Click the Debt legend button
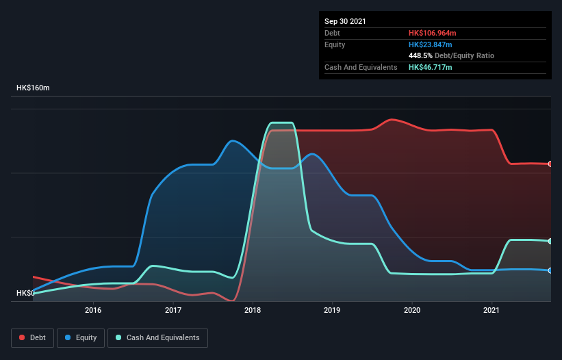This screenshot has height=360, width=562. click(x=32, y=337)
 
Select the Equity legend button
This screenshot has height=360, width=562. click(x=81, y=337)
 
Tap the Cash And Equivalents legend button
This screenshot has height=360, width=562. click(x=157, y=337)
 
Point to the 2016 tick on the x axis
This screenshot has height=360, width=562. click(x=93, y=311)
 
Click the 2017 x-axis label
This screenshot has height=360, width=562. click(x=173, y=311)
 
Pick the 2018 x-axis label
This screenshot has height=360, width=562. click(x=253, y=311)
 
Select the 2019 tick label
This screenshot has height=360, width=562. click(x=332, y=311)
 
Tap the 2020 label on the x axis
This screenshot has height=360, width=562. click(x=412, y=311)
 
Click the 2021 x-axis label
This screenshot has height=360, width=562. click(x=491, y=311)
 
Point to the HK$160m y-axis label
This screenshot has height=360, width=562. click(x=38, y=88)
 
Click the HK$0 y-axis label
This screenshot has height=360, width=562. click(x=25, y=293)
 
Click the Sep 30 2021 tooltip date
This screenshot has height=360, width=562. click(x=345, y=21)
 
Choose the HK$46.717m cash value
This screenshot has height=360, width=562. click(x=431, y=67)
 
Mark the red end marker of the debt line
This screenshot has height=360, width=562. click(x=550, y=164)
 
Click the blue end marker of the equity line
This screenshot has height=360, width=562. click(x=550, y=271)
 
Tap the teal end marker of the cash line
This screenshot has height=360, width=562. click(x=550, y=241)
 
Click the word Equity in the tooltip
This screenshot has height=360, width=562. click(x=335, y=44)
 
